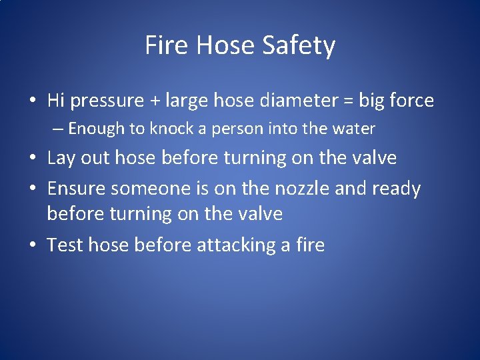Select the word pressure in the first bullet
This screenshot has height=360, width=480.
[x=107, y=101]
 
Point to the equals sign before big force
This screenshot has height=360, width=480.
[x=347, y=101]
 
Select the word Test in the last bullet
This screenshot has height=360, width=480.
[x=65, y=245]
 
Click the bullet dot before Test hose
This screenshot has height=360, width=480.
[x=32, y=246]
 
